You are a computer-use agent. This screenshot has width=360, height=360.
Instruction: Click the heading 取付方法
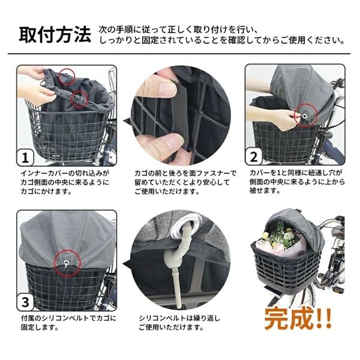click(x=55, y=35)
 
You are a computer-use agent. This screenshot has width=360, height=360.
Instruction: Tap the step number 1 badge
click(x=25, y=157)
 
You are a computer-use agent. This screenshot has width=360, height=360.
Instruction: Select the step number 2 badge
click(x=253, y=157)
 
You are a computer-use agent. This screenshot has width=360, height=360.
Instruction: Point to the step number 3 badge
click(x=25, y=302)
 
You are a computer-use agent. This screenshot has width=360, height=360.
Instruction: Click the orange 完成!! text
click(x=298, y=318)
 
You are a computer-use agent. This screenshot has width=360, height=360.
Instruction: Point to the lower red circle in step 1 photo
click(x=79, y=99)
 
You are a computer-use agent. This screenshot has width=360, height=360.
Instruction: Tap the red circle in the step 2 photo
click(x=306, y=116)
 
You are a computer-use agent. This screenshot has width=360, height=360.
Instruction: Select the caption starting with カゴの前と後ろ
click(x=185, y=182)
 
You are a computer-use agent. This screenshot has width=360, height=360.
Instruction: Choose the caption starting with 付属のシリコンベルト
click(x=68, y=323)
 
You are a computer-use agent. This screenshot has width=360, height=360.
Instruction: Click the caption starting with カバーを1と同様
click(x=297, y=182)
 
